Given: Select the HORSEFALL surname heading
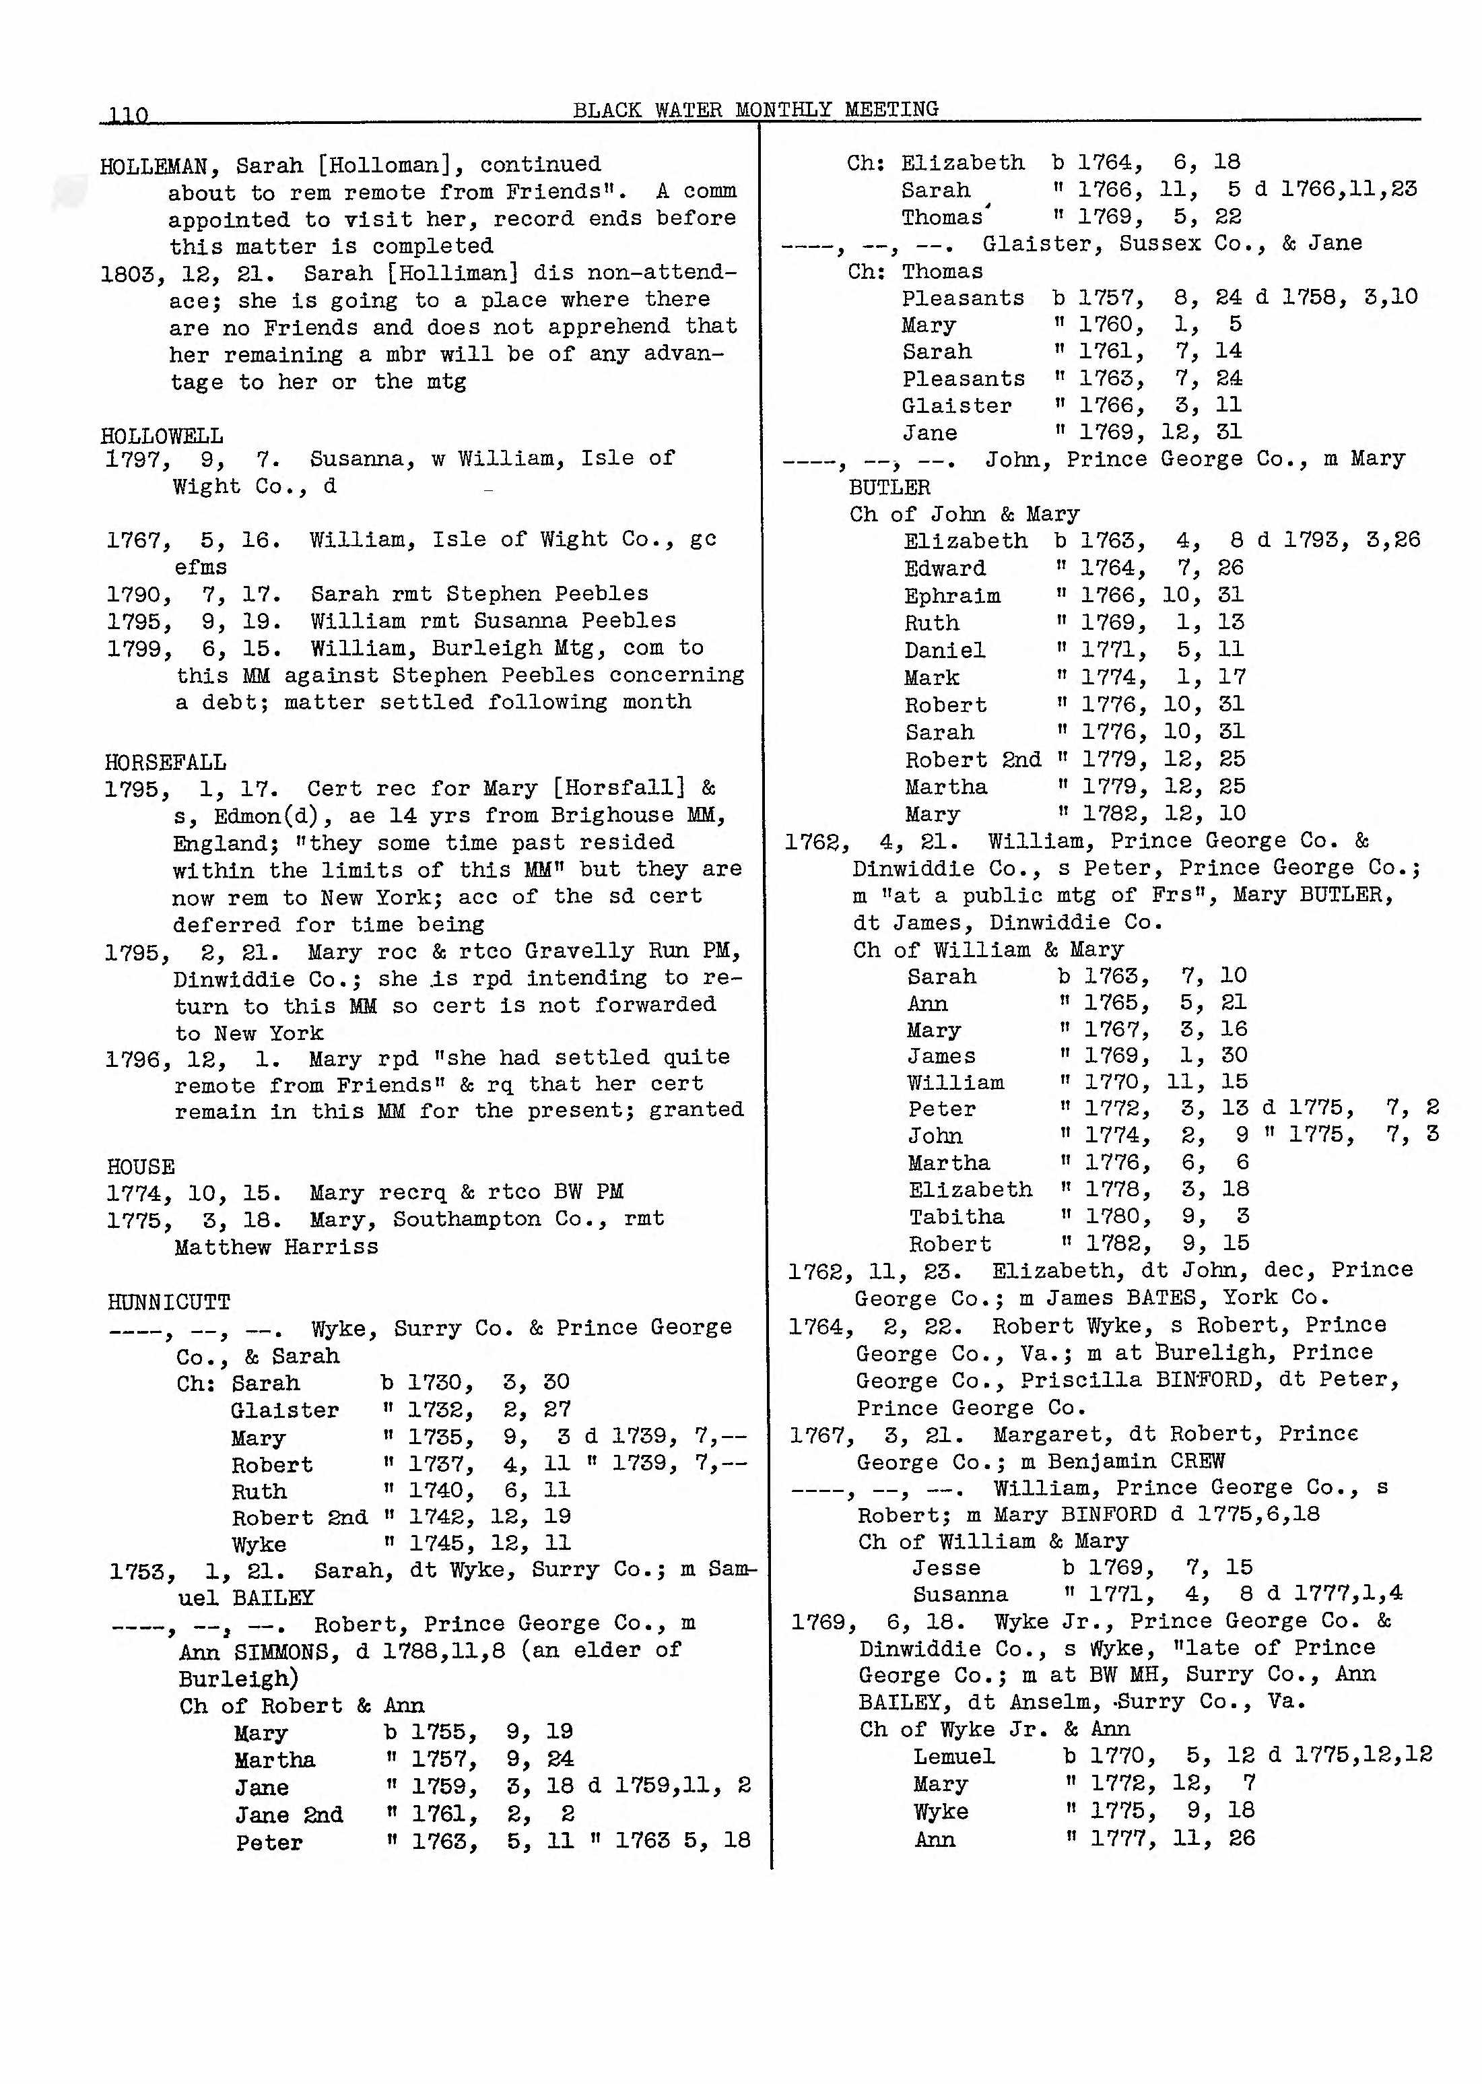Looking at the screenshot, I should pos(165,761).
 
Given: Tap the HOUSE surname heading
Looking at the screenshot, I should pos(141,1166).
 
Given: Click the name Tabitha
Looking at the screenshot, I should pos(955,1217).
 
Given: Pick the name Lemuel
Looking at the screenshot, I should pos(953,1756).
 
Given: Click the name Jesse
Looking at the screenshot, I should pos(945,1567).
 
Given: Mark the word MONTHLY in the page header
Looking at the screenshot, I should pos(783,110).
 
